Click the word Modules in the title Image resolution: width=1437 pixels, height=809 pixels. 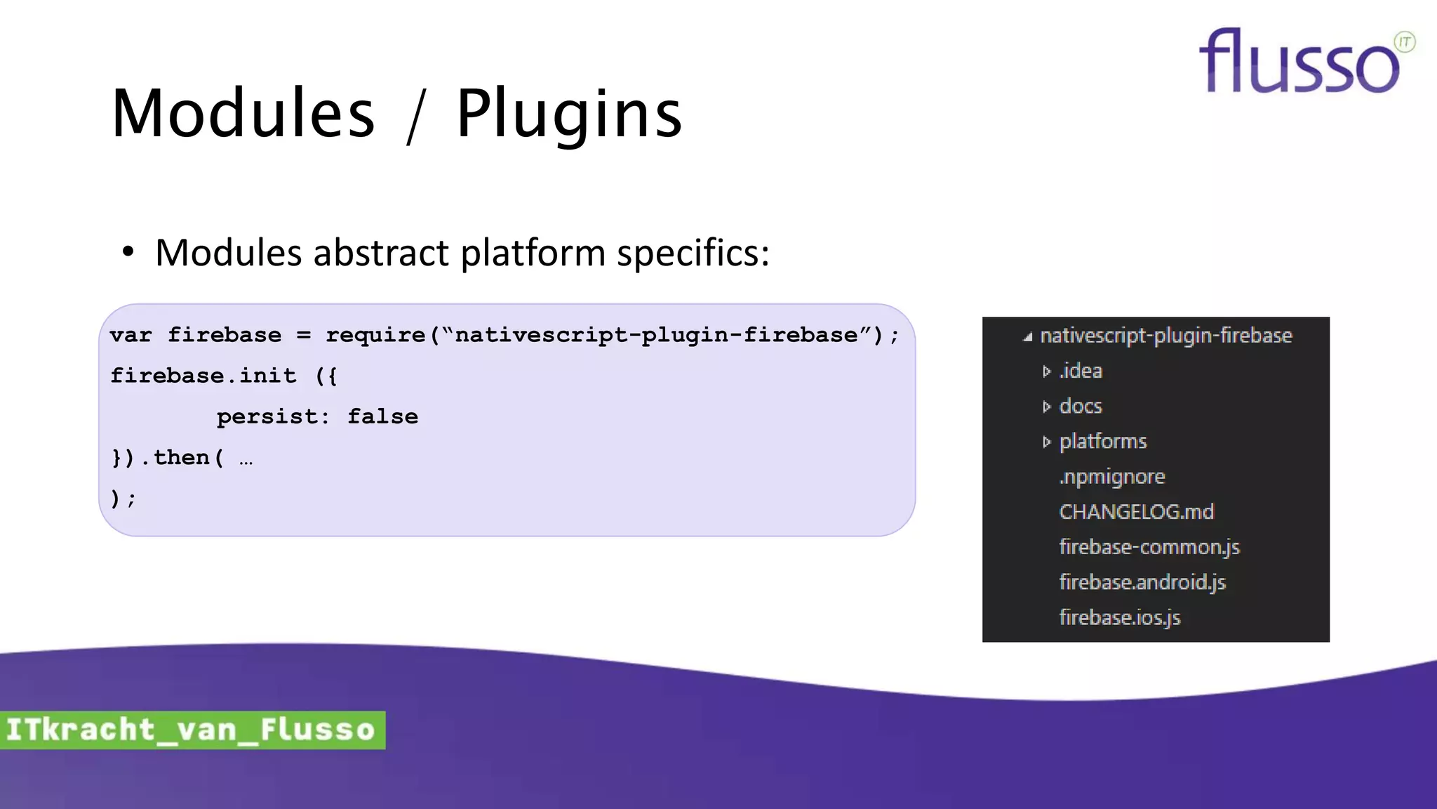click(x=243, y=114)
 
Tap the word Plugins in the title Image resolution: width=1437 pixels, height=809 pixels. click(x=568, y=114)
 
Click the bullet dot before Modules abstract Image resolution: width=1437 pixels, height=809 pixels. click(x=127, y=252)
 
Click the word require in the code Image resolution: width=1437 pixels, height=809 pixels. click(x=375, y=336)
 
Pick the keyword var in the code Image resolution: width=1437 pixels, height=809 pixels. click(x=131, y=336)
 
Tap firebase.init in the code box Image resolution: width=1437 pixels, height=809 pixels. click(x=203, y=376)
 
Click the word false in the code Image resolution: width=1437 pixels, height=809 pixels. click(x=382, y=417)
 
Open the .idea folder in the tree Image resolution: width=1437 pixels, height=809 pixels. click(x=1081, y=371)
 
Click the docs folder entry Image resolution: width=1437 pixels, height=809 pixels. click(x=1081, y=406)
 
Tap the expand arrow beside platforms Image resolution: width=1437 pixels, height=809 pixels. click(x=1046, y=442)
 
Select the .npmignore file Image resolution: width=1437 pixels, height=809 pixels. click(x=1111, y=477)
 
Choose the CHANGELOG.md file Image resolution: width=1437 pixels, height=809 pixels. click(x=1136, y=512)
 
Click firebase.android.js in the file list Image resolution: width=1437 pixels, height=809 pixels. click(x=1142, y=582)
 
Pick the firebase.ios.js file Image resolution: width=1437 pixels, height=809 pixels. click(x=1119, y=617)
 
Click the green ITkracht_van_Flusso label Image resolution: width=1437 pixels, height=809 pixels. click(x=192, y=730)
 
